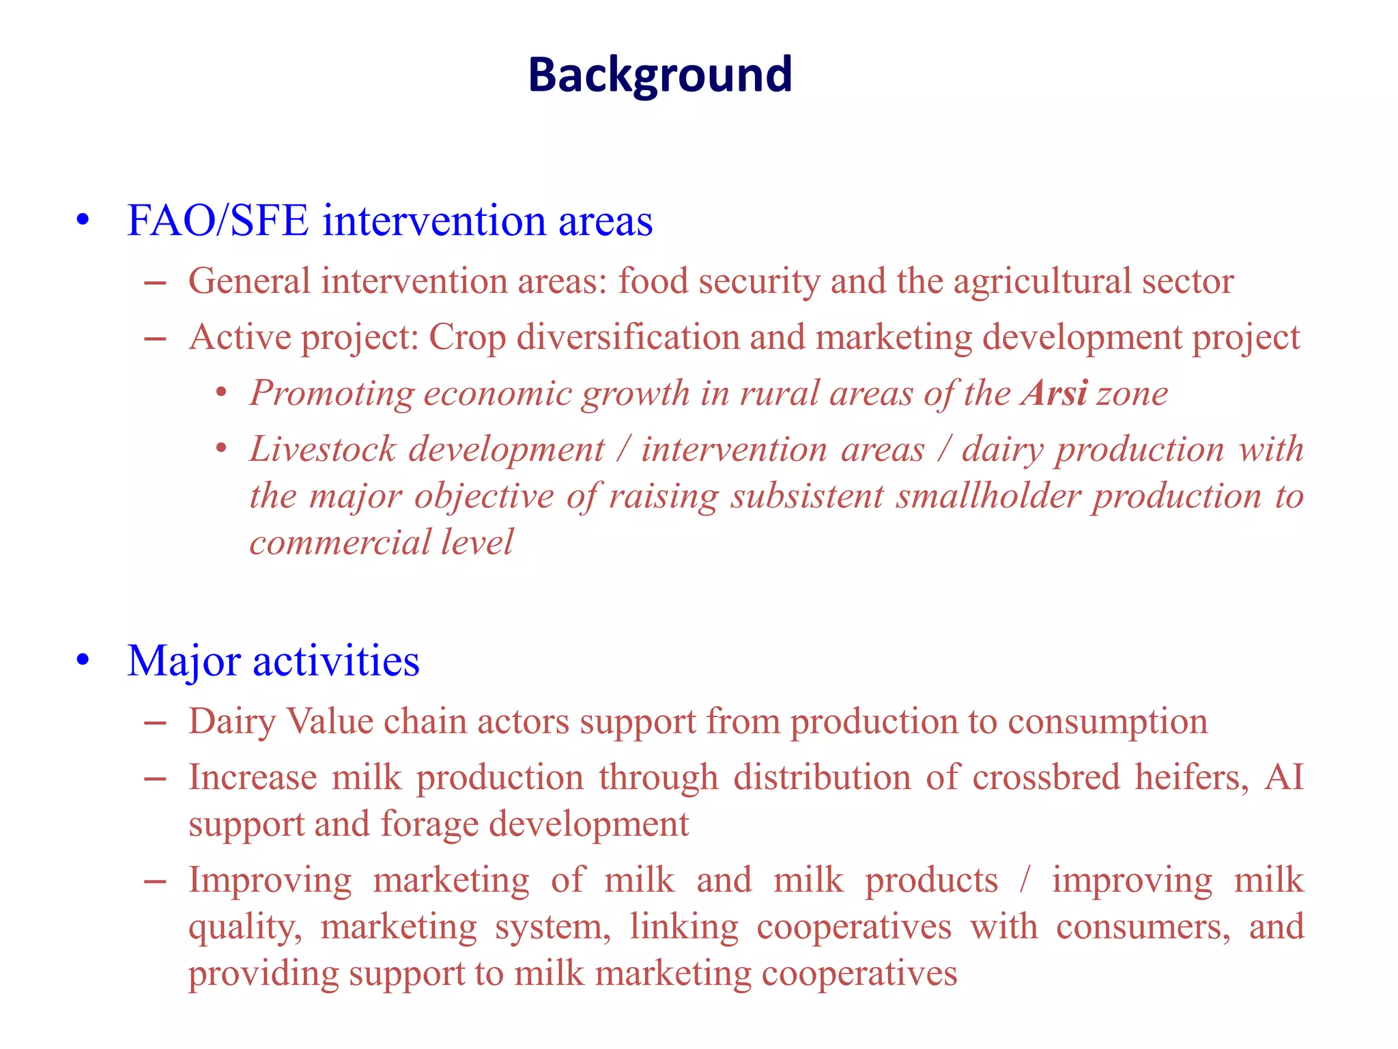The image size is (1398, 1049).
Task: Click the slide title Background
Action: click(x=659, y=74)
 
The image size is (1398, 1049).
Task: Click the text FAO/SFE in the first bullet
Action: click(x=217, y=221)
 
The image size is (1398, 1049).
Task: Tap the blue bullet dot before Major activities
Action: click(x=83, y=660)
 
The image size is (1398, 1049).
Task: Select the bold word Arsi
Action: click(x=1055, y=393)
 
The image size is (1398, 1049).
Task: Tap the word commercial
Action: click(x=339, y=542)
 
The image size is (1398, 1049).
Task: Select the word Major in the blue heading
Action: click(x=184, y=661)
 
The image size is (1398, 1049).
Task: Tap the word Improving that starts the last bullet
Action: click(x=270, y=880)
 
